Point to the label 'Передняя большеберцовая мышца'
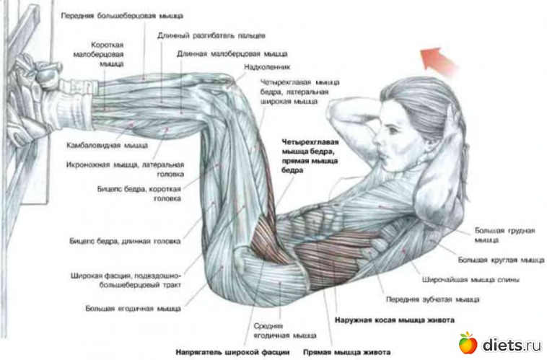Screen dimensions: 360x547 122,15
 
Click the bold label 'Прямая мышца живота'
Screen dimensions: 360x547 343,352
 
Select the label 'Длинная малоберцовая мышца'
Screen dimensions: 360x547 232,53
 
